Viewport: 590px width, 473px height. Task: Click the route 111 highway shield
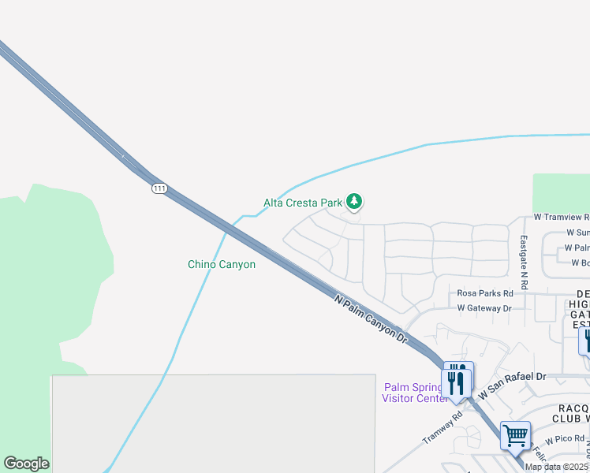[160, 188]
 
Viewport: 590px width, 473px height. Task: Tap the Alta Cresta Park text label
[303, 203]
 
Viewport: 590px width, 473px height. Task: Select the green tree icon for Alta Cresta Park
[355, 203]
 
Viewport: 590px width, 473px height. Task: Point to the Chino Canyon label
[222, 265]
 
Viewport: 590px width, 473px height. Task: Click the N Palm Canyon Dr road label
[370, 319]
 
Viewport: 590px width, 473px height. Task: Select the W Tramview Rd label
[561, 217]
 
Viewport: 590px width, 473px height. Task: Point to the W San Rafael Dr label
[512, 377]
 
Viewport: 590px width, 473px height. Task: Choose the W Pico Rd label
[563, 438]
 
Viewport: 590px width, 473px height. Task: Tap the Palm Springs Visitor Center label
[415, 393]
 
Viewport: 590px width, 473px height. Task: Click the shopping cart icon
[515, 434]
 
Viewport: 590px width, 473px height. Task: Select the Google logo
[26, 464]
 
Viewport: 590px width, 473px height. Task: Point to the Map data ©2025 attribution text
[557, 467]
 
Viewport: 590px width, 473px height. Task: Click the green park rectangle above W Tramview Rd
[561, 193]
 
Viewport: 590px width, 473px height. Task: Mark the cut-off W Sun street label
[577, 233]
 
